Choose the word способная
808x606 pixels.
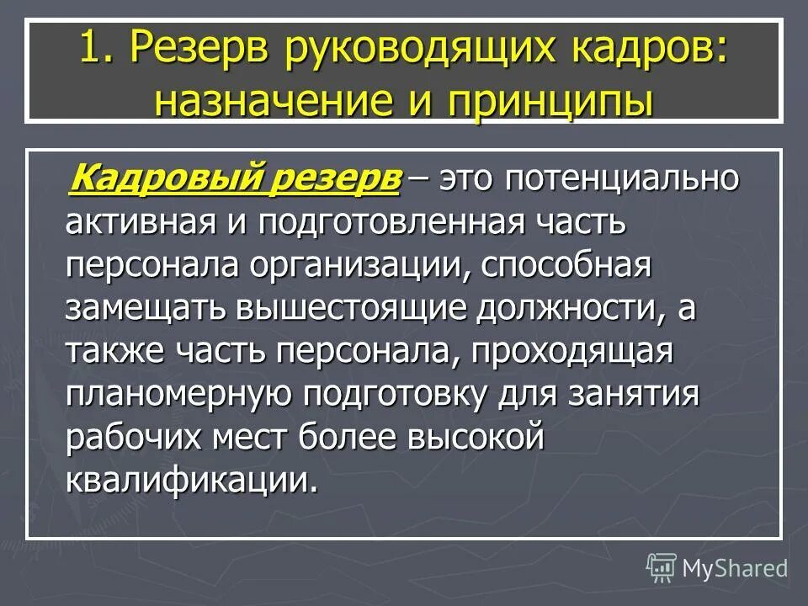[569, 268]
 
